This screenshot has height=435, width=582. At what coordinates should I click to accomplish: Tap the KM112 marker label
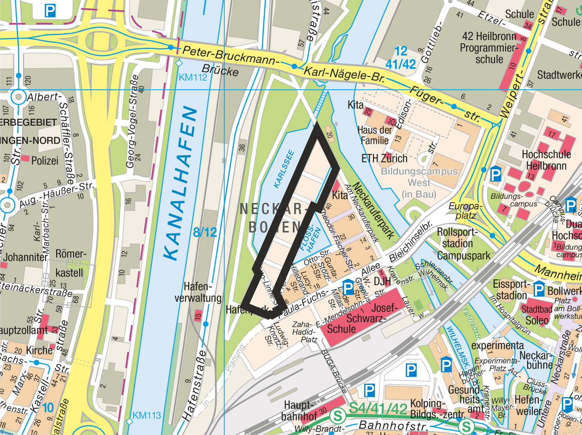point(193,77)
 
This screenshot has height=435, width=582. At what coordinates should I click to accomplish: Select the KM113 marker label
point(147,416)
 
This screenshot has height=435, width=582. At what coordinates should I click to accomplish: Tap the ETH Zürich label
point(384,159)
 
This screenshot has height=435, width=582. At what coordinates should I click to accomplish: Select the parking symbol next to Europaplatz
point(495,174)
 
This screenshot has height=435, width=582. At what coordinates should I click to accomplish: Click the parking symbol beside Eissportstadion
point(539,290)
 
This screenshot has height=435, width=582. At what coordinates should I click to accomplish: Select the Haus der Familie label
point(374,135)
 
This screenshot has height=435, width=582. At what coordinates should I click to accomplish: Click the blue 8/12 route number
point(205,232)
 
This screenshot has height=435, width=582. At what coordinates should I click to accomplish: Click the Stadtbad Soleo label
point(537,314)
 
